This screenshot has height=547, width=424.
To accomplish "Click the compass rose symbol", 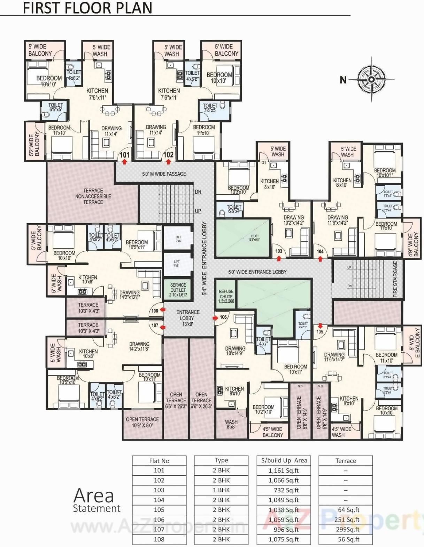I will [371, 79].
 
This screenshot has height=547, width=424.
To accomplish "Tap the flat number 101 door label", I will [124, 155].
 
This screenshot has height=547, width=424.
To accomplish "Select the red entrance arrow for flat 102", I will [169, 162].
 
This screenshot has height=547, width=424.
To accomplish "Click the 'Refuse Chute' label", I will [226, 296].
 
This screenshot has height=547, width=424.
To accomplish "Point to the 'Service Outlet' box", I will [178, 290].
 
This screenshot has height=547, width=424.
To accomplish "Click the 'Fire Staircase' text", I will [395, 279].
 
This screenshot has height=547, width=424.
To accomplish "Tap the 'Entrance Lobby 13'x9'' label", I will [188, 318].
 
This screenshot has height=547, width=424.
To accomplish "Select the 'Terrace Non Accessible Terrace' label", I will [93, 196].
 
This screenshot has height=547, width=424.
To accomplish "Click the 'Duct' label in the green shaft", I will [255, 238].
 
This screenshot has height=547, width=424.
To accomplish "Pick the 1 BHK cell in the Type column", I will [221, 490].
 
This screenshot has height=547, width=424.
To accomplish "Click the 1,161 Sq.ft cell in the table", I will [284, 470].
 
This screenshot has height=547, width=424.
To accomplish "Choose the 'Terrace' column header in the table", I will [346, 461].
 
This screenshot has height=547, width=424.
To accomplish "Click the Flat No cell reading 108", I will [159, 539].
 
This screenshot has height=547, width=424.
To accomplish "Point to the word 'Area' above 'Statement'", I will [94, 496].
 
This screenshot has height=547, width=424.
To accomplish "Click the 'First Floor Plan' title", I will [87, 8].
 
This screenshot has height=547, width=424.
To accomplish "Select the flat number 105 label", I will [320, 332].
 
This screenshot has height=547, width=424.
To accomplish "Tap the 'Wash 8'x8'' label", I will [231, 424].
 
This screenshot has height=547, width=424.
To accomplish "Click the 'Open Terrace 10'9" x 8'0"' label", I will [142, 422].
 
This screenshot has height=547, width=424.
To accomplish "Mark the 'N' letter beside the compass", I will [343, 80].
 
